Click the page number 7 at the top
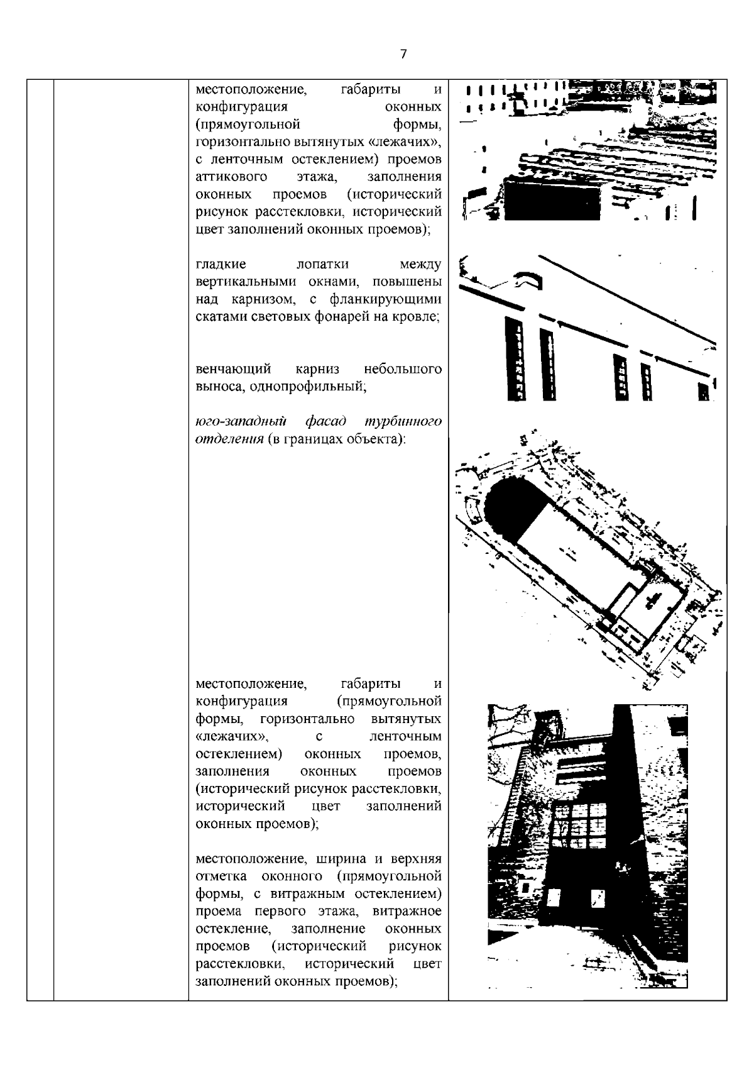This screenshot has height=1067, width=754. pos(403,54)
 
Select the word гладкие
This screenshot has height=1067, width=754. pos(221,264)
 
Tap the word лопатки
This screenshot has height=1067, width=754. pos(322,264)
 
